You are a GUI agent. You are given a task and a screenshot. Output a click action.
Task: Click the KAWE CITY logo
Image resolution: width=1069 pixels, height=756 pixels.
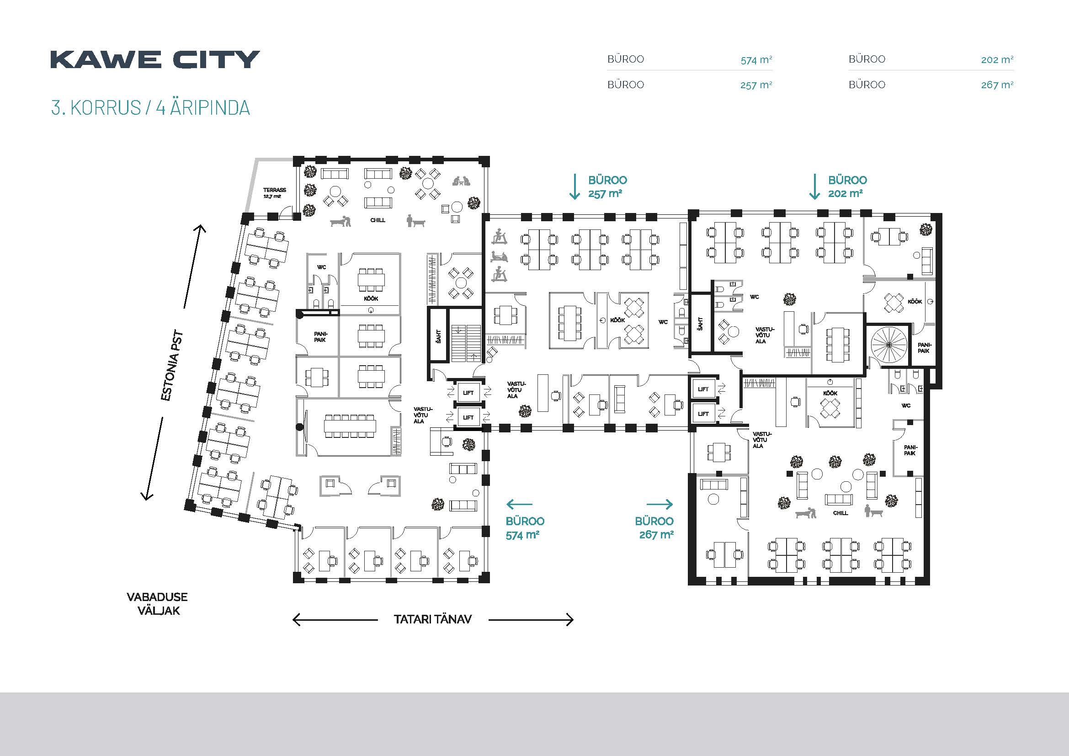point(155,59)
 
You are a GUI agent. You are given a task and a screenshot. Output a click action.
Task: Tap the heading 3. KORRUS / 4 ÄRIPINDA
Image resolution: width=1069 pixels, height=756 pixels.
point(150,107)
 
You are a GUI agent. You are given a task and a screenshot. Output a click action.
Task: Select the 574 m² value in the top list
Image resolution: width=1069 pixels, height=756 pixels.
point(756,59)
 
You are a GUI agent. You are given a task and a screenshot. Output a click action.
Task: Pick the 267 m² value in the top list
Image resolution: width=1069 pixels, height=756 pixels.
point(997,85)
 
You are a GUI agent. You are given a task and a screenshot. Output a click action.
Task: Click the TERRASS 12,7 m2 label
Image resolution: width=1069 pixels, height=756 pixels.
point(274,193)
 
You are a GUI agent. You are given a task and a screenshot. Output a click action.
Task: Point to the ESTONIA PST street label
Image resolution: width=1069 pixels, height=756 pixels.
point(172,366)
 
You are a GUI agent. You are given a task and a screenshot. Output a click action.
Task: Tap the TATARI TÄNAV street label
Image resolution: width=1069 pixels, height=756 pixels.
point(432,619)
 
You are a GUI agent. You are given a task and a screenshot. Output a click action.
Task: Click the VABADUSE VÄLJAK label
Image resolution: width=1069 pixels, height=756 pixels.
point(157,604)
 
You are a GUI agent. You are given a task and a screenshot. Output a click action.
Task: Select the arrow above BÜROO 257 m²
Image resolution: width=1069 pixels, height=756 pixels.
point(575,186)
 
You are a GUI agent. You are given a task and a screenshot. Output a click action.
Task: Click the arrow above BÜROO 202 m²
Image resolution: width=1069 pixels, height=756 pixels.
point(814,186)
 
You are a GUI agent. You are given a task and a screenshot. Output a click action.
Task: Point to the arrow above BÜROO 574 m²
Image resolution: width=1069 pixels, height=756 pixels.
point(519,504)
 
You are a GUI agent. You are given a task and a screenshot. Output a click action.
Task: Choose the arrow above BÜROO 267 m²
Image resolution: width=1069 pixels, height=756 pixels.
point(660,504)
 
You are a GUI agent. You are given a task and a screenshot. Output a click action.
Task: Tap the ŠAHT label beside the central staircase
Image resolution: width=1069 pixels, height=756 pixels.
point(439,335)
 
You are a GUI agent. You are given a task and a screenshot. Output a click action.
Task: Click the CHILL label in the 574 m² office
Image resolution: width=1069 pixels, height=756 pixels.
point(378,220)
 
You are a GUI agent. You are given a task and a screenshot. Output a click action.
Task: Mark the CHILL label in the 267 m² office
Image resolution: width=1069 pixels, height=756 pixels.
point(840,513)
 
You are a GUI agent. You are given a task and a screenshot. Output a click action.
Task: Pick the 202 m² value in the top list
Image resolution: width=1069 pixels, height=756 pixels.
point(997,59)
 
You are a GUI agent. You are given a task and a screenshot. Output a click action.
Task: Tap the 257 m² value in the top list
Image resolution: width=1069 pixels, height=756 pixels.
point(756,85)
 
